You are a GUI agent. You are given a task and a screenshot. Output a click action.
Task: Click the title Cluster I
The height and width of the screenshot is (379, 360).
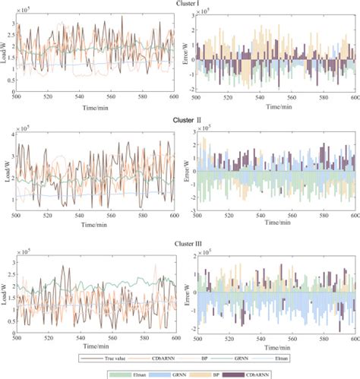[x=180, y=5]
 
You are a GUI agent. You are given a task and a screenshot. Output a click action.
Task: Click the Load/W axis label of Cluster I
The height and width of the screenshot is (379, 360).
[x=5, y=53]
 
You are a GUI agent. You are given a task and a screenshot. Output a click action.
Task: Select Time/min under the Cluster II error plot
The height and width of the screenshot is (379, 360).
[x=276, y=223]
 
